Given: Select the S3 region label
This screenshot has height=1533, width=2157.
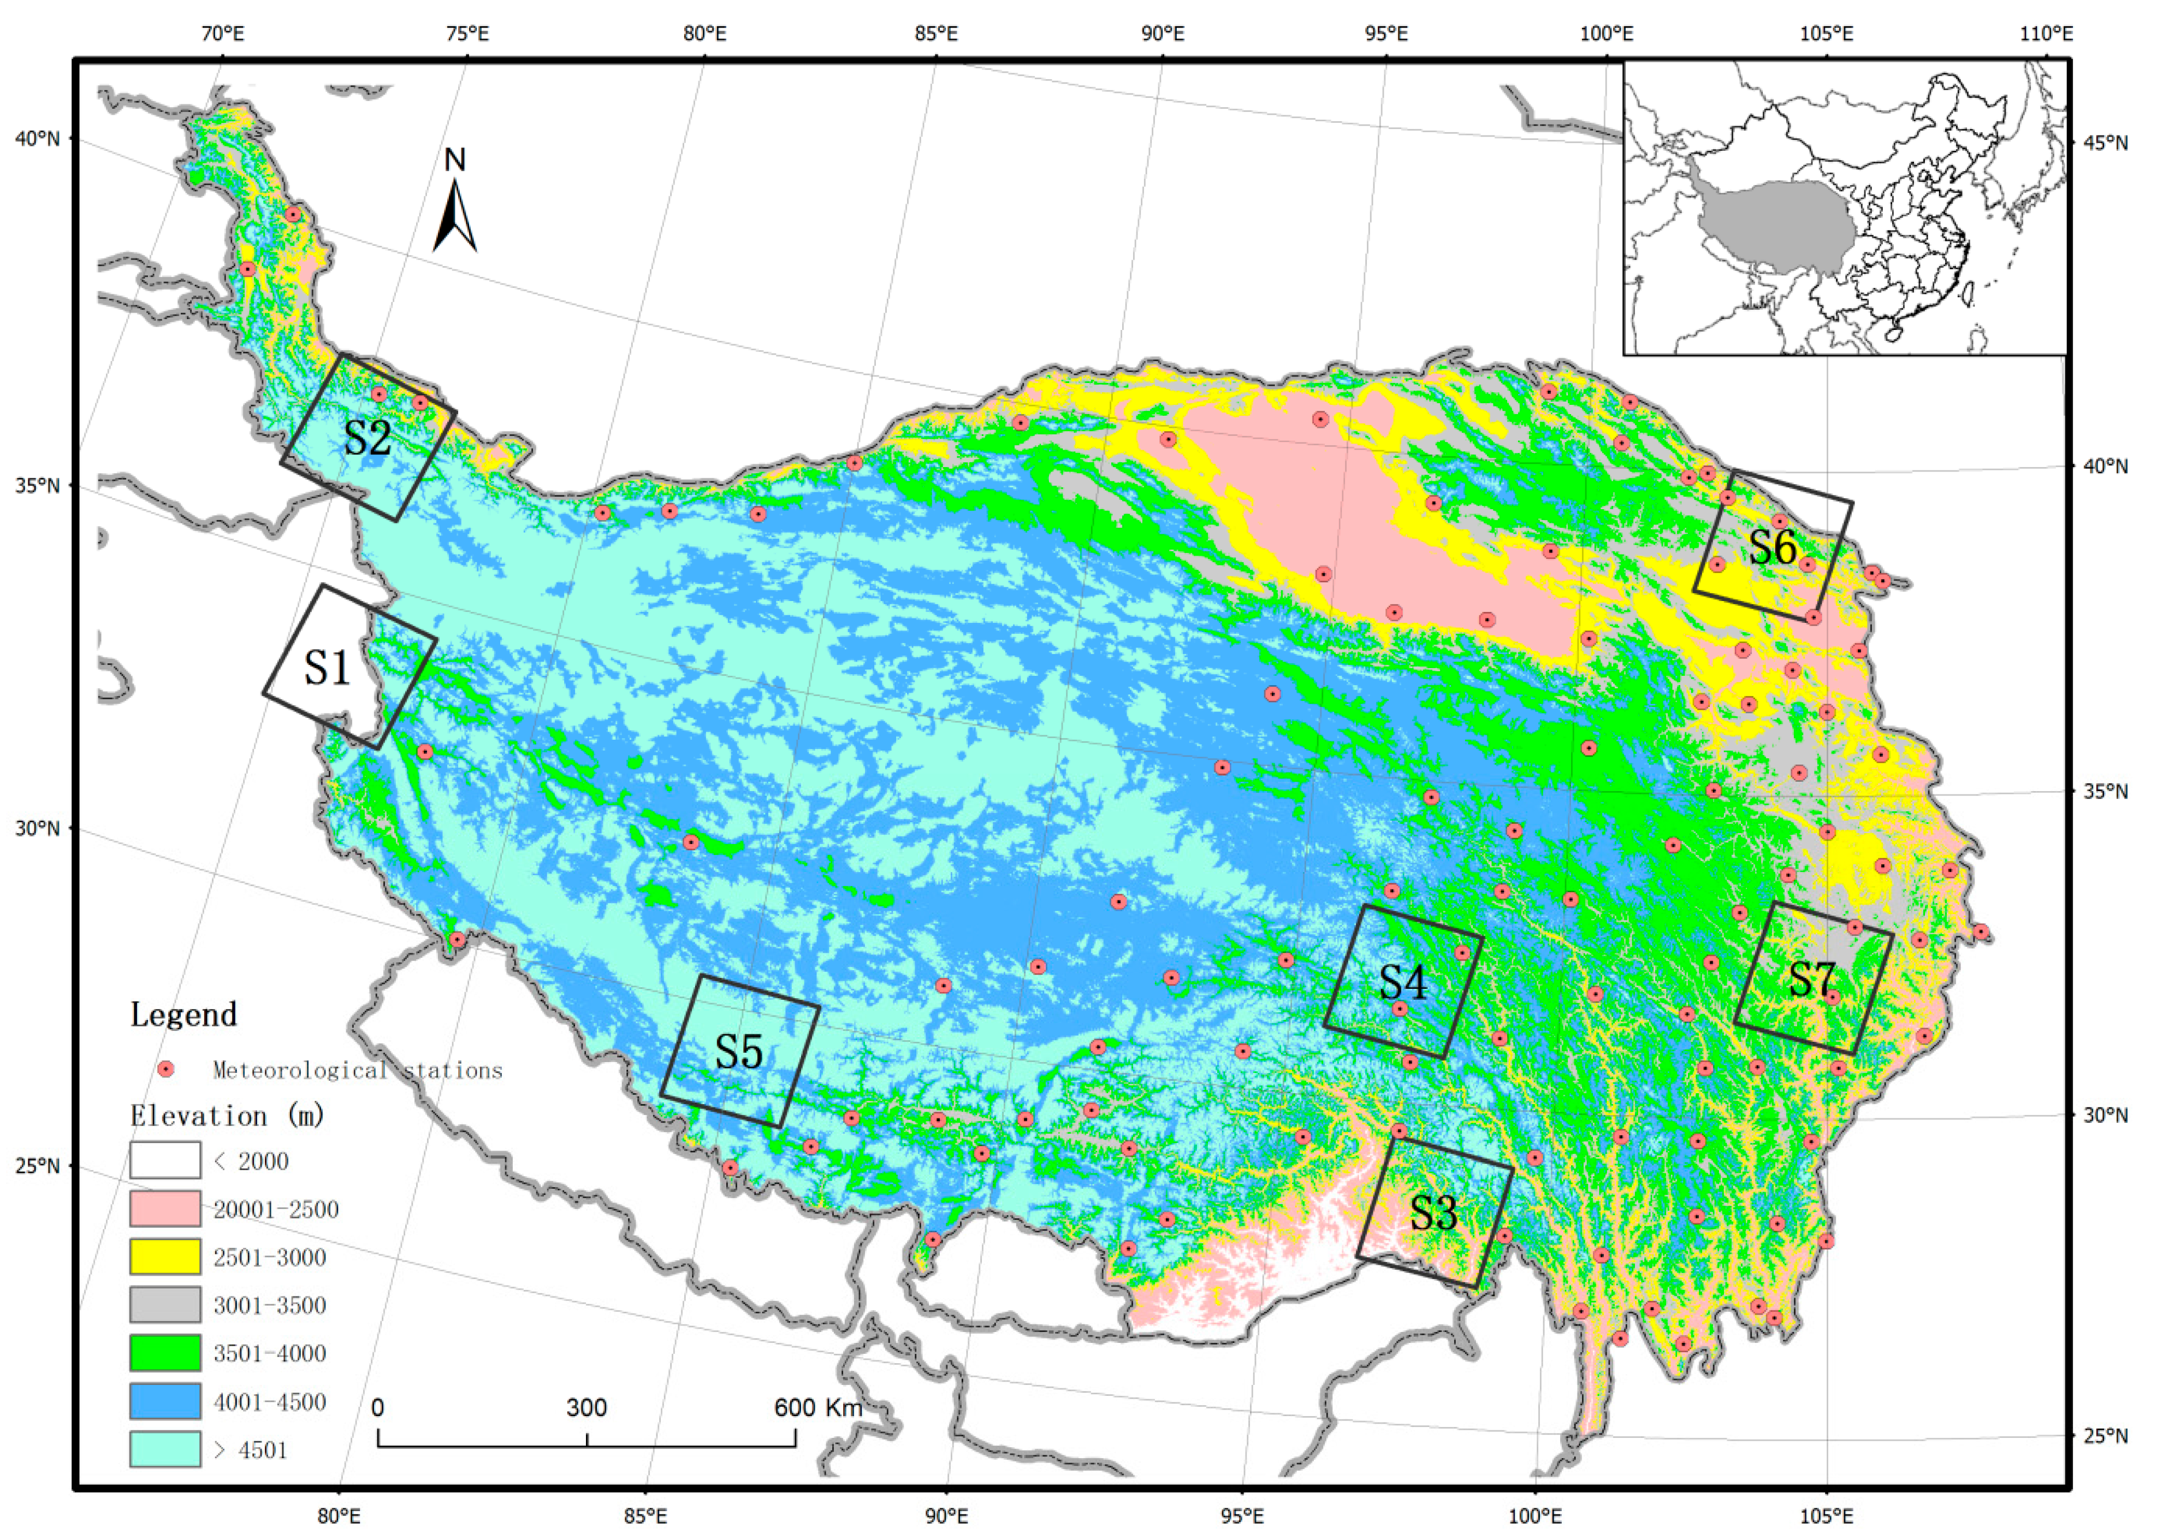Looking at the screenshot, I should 1433,1212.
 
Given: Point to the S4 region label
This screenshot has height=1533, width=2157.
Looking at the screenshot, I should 1403,983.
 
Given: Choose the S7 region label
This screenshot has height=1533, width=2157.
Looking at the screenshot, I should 1812,980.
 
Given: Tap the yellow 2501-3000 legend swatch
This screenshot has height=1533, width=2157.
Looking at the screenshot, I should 165,1257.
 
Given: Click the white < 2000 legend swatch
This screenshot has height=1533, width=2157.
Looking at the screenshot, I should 165,1160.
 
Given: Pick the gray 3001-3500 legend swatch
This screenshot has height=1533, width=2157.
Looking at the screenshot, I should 165,1305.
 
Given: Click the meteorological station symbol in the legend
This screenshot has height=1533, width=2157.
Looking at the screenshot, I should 166,1070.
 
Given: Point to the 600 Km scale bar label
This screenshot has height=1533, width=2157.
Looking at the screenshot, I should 818,1407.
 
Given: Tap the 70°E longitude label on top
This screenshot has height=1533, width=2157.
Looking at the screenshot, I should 223,34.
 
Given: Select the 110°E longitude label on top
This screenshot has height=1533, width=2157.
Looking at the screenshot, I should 2046,34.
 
